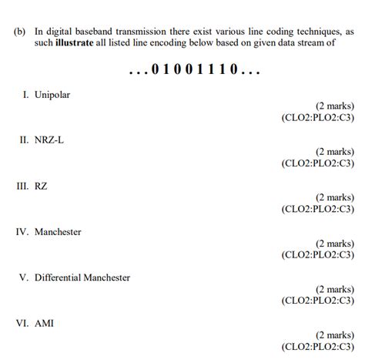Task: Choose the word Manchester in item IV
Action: tap(58, 231)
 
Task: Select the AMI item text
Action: tap(45, 324)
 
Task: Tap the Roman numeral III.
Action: tap(22, 186)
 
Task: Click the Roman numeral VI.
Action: tap(22, 324)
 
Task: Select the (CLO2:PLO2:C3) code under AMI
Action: tap(318, 347)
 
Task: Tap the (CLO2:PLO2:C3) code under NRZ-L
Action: tap(318, 163)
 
